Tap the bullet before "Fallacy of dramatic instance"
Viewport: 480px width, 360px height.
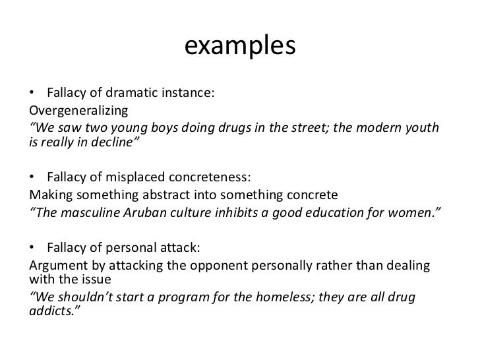33,94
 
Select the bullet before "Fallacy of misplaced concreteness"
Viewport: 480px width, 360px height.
33,178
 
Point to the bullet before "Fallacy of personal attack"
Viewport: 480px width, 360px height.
33,248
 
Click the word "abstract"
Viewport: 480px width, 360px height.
165,196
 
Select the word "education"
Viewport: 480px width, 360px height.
338,212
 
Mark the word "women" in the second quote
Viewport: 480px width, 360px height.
419,212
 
